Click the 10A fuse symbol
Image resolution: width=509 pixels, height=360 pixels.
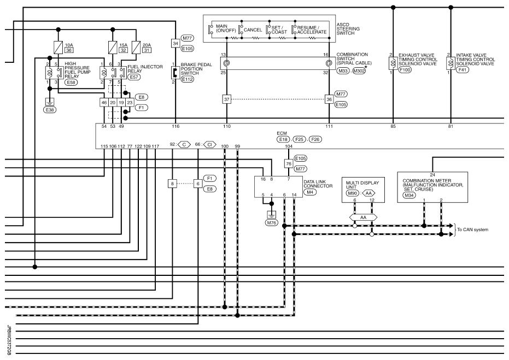(58, 48)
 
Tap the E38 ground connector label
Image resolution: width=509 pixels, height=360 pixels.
(50, 110)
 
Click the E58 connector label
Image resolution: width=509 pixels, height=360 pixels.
(71, 82)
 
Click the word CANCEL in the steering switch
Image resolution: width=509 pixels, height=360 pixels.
(253, 30)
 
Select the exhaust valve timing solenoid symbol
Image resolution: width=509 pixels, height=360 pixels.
(393, 63)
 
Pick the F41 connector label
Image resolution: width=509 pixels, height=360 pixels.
(463, 69)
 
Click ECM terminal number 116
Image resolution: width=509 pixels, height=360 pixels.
(175, 126)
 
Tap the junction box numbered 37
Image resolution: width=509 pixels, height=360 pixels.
(226, 99)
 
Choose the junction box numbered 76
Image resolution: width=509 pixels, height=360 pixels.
(289, 164)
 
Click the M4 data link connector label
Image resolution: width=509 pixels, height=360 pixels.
(309, 192)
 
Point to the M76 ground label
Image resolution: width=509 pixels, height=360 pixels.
(272, 223)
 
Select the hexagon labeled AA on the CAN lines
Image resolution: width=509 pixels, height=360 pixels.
(363, 217)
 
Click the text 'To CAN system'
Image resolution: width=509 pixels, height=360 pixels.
(472, 229)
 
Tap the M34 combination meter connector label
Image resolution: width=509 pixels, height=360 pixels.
(409, 195)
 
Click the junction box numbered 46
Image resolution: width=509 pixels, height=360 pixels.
(104, 103)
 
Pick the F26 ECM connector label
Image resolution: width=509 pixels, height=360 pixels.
(315, 139)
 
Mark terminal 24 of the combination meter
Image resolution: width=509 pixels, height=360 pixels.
(432, 175)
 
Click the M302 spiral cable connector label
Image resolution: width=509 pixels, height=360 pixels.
(359, 71)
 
